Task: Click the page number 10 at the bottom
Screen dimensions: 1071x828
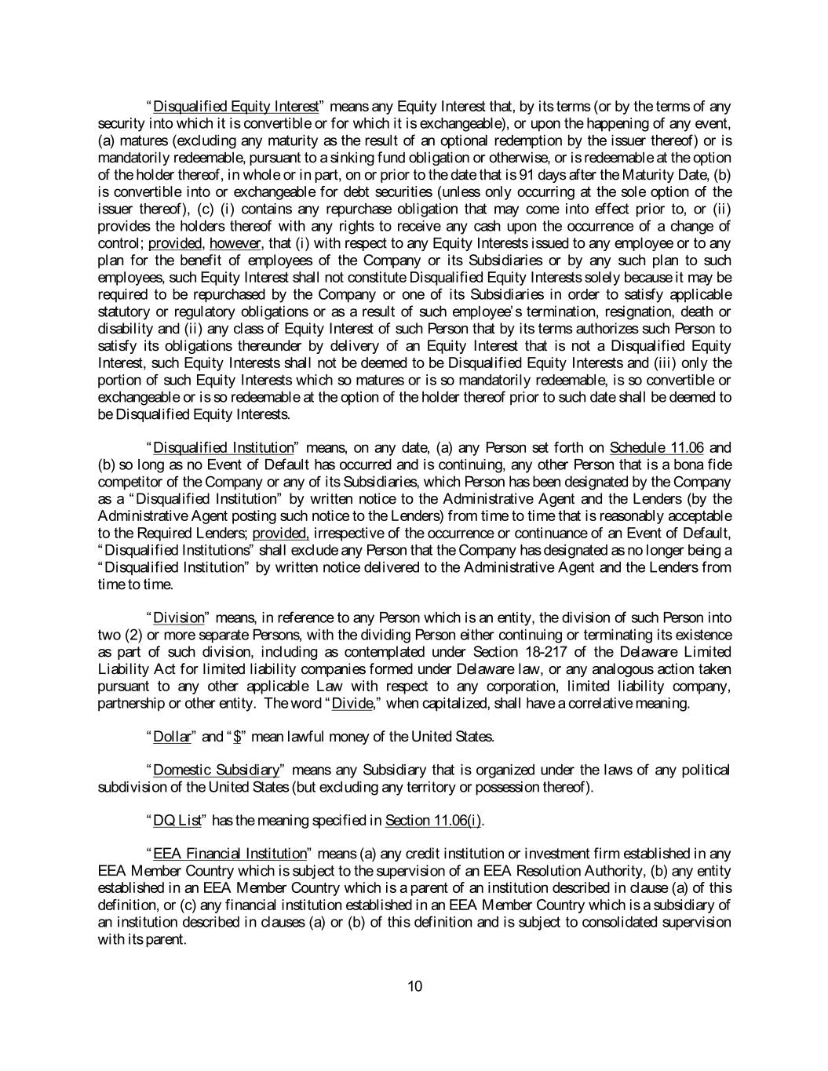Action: click(x=415, y=986)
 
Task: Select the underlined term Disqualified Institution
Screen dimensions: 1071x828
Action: click(x=224, y=448)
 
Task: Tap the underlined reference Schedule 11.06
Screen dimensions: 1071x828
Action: click(x=657, y=448)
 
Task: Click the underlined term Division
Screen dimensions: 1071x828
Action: click(x=178, y=618)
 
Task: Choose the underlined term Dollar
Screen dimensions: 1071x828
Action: click(x=172, y=737)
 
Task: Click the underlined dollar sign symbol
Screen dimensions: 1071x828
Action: click(x=237, y=737)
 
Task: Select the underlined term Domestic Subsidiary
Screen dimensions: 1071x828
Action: click(x=216, y=770)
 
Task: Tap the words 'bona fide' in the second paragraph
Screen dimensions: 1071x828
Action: click(x=706, y=465)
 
